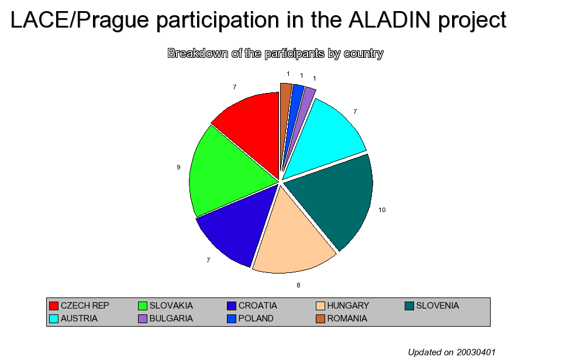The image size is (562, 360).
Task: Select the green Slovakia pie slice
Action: click(x=226, y=172)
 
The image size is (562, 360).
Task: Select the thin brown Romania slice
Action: click(x=285, y=108)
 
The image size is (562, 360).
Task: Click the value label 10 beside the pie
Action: click(x=382, y=210)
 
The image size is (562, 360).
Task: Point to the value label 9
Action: click(x=178, y=167)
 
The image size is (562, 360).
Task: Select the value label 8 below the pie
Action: click(x=298, y=286)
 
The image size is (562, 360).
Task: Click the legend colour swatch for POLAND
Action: click(x=232, y=319)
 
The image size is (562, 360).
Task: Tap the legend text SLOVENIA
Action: click(x=437, y=306)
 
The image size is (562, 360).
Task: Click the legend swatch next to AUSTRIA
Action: click(x=54, y=319)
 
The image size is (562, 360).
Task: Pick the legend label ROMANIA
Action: click(x=347, y=319)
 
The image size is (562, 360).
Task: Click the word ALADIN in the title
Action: click(x=389, y=20)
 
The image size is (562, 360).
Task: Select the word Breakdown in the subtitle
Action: click(x=198, y=53)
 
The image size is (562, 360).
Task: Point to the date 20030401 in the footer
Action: click(x=476, y=352)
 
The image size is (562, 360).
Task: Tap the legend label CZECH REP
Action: click(x=85, y=306)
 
